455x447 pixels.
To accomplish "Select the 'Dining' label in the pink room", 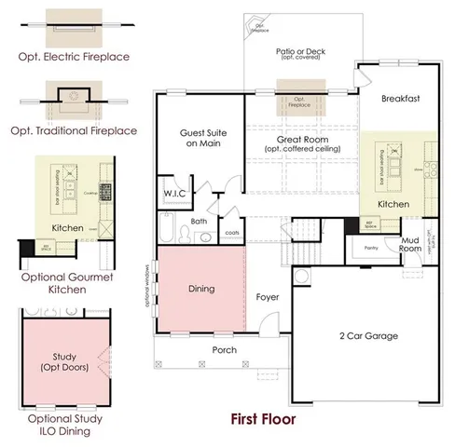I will click(x=201, y=289).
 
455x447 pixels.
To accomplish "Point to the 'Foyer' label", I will click(x=268, y=297).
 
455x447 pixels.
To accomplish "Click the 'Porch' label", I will click(x=224, y=350).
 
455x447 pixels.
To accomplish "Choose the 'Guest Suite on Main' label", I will click(x=200, y=138).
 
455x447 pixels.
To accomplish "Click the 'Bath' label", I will click(x=199, y=222).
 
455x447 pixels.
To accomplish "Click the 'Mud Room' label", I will click(x=410, y=245).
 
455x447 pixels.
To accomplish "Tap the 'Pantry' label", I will click(x=370, y=249).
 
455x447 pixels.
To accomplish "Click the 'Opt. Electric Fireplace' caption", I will click(x=74, y=57).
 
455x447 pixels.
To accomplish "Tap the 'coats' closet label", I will click(x=231, y=233).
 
